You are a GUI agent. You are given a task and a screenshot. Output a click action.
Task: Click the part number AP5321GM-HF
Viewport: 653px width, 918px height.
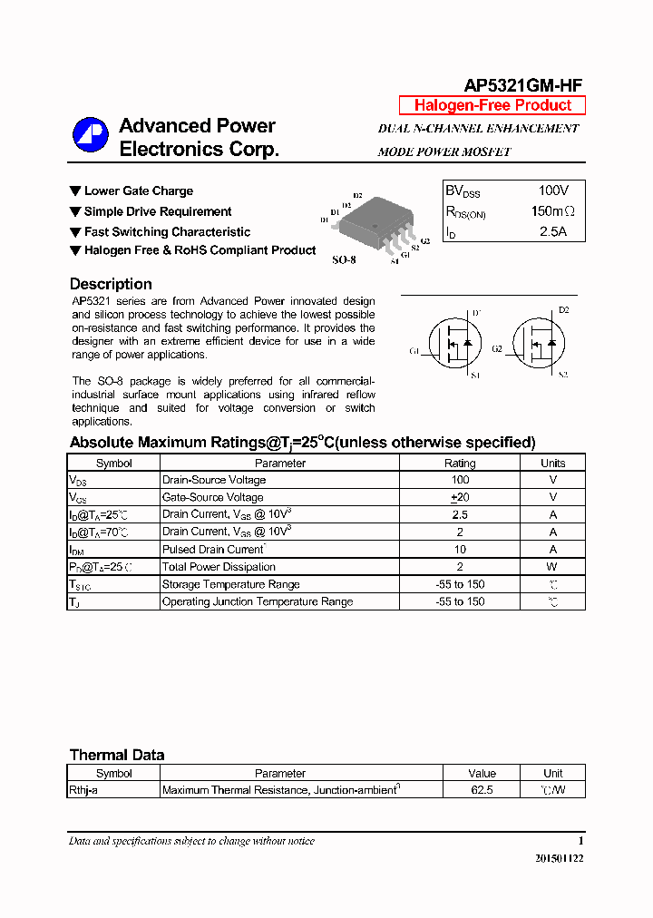(x=523, y=85)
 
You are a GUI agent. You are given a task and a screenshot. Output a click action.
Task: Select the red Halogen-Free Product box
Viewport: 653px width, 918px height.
(x=492, y=105)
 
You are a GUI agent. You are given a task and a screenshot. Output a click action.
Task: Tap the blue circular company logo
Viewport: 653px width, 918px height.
(x=90, y=135)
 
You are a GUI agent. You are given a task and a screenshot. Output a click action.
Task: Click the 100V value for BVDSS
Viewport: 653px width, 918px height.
(x=553, y=190)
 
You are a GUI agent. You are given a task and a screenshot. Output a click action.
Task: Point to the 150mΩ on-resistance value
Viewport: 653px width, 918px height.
(x=553, y=211)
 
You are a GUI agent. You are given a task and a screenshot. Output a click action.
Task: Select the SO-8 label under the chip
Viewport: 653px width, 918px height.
(x=344, y=259)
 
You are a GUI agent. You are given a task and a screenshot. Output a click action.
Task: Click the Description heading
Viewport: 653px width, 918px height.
(x=111, y=284)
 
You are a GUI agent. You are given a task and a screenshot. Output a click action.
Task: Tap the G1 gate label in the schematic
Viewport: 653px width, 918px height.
(x=414, y=350)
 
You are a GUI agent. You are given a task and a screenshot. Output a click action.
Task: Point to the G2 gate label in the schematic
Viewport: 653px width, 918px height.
(x=497, y=348)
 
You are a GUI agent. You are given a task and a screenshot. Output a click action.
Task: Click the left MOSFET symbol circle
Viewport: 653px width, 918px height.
(x=454, y=344)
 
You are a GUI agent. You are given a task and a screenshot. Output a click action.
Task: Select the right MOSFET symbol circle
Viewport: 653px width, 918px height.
(x=539, y=344)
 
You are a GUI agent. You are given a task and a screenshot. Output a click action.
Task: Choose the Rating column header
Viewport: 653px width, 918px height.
(x=460, y=463)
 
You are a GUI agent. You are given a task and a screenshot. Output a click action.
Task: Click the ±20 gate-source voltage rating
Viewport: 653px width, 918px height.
(x=460, y=497)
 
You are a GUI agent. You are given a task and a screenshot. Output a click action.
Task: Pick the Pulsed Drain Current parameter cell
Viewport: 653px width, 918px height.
(x=213, y=549)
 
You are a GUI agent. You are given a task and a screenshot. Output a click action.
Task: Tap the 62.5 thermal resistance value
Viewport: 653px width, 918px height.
(x=482, y=790)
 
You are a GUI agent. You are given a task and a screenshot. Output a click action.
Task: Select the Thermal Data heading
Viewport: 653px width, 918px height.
(x=117, y=755)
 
